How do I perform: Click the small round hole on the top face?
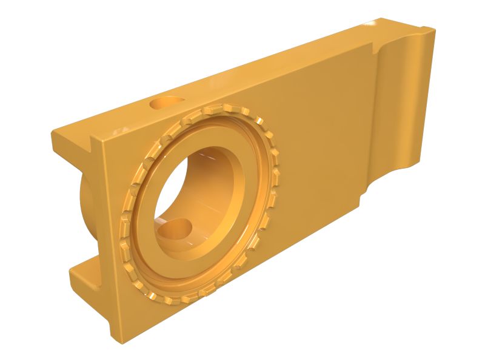pos(167,102)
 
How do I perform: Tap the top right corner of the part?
pos(432,30)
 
